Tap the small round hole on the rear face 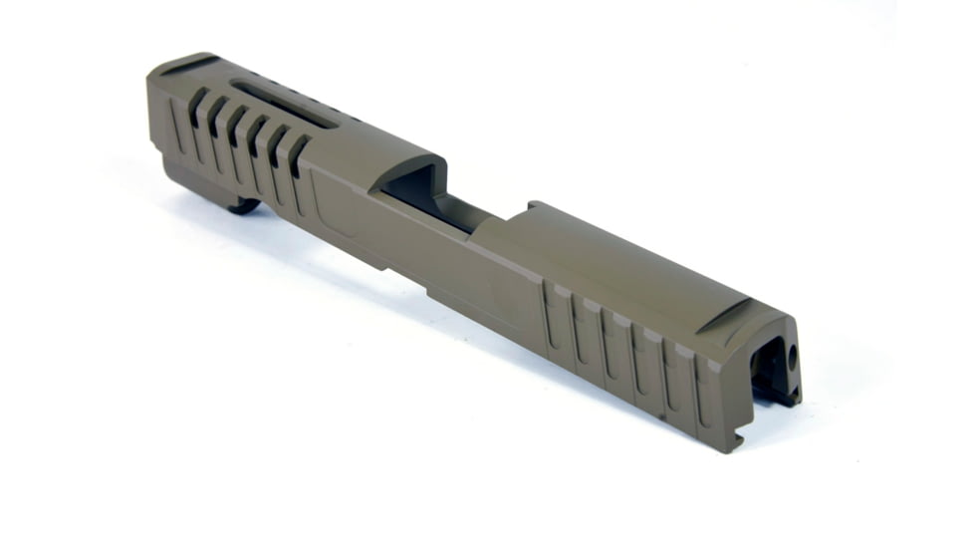[793, 354]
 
